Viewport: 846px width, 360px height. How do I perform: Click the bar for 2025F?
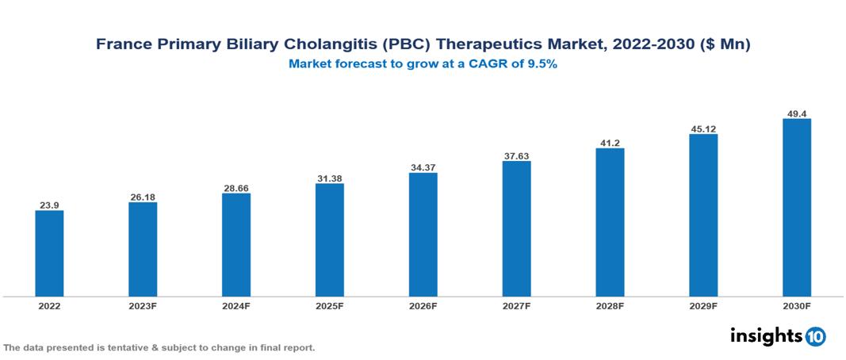tap(329, 240)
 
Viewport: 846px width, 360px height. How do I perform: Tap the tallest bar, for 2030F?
tap(796, 208)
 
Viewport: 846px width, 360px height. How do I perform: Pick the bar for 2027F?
tap(516, 229)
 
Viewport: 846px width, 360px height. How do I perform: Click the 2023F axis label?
tap(143, 306)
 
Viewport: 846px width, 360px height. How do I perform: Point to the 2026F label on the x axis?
tap(423, 306)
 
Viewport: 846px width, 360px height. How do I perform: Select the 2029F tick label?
tap(703, 306)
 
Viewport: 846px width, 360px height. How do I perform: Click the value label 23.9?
tap(49, 205)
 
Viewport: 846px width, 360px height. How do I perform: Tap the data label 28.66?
tap(236, 188)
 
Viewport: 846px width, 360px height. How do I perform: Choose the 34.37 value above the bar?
tap(423, 167)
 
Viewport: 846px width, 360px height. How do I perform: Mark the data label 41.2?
tap(610, 143)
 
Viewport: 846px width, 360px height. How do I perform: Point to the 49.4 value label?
tap(796, 113)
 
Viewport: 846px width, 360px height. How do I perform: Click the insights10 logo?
tap(778, 336)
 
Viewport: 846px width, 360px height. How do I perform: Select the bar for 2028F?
tap(610, 223)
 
